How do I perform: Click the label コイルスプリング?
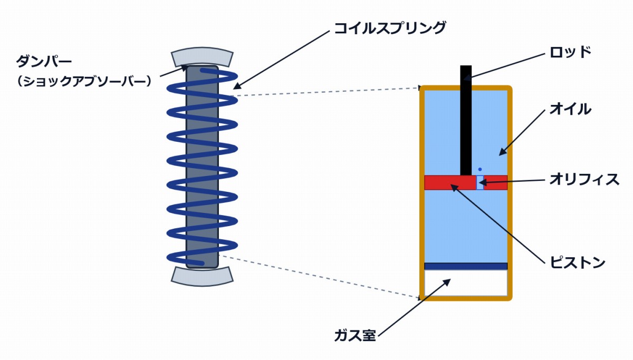point(390,28)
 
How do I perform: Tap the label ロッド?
point(571,52)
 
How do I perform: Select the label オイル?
point(571,109)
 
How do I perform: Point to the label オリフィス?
point(584,179)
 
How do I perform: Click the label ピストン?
point(577,262)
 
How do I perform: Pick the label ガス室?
point(355,336)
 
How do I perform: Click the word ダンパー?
point(44,61)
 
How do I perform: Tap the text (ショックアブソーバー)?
point(84,81)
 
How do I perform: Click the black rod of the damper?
point(466,120)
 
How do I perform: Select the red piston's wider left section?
point(450,182)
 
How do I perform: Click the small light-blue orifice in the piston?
point(480,182)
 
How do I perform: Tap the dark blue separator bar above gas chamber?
point(466,266)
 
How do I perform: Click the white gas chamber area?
point(466,283)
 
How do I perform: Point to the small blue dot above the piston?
point(480,169)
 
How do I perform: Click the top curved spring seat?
point(202,56)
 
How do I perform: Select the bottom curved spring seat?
point(202,277)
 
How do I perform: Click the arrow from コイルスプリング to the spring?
point(282,60)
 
